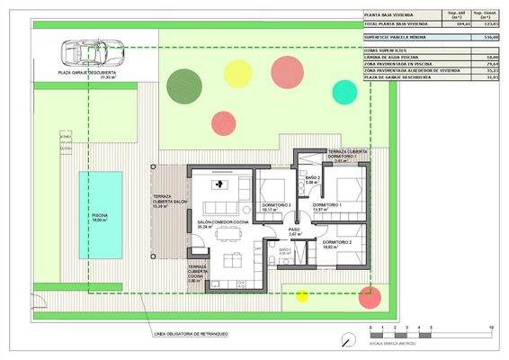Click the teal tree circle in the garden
point(344,91)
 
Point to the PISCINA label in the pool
point(101,217)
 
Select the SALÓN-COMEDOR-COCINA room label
point(216,223)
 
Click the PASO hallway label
point(295,230)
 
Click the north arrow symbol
point(347,338)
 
